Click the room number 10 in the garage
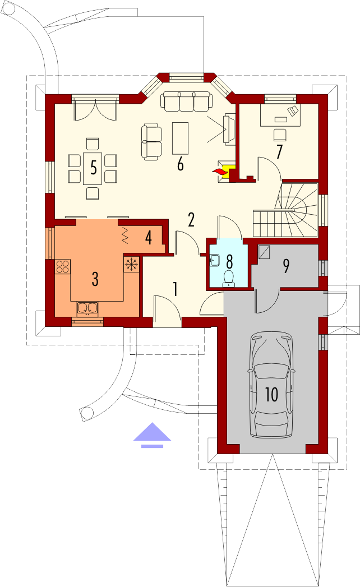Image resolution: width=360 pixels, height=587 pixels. [x=271, y=394]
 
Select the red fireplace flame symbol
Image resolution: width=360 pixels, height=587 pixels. [x=220, y=172]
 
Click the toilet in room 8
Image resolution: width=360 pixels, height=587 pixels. [x=229, y=278]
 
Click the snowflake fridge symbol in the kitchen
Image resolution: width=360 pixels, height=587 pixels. [x=131, y=264]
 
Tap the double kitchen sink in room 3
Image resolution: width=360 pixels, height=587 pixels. [x=87, y=308]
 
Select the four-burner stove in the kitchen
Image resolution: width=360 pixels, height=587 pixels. [x=63, y=266]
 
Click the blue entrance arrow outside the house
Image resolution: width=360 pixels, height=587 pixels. [x=152, y=435]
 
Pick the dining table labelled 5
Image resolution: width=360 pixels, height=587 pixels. [x=93, y=168]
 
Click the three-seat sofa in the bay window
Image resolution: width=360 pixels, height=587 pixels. [x=187, y=101]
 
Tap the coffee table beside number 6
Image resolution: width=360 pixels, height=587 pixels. [x=180, y=138]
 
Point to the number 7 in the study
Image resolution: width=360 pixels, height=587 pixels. [x=279, y=151]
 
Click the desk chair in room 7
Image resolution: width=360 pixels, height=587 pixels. [x=279, y=134]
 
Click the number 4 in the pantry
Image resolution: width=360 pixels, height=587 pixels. [x=149, y=237]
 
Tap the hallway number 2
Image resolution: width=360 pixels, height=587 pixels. [x=191, y=220]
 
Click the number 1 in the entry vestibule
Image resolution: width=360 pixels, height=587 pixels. [x=175, y=289]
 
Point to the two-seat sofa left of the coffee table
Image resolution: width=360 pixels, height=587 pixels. [x=152, y=142]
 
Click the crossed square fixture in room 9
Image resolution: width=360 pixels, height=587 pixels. [x=265, y=251]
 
